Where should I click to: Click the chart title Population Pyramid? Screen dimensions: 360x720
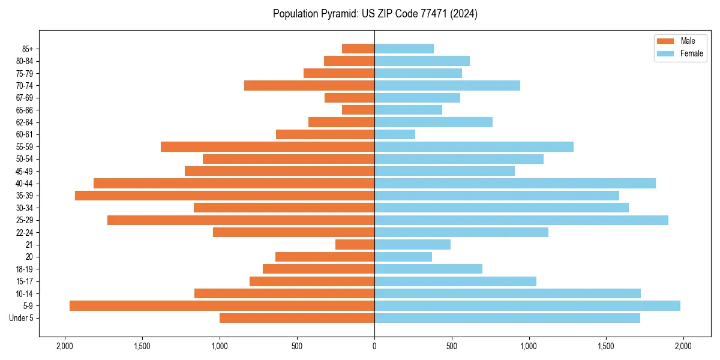click(x=375, y=14)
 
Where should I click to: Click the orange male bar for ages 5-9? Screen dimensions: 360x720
click(x=222, y=306)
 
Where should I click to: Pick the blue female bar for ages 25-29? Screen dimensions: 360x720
click(x=521, y=220)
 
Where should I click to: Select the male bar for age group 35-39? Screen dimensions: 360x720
click(x=224, y=196)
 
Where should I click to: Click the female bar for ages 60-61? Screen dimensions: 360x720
click(x=395, y=134)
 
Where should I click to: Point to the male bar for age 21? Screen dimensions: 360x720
click(x=355, y=245)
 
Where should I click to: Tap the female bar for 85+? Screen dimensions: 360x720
click(x=404, y=49)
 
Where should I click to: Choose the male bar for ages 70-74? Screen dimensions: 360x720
click(x=309, y=85)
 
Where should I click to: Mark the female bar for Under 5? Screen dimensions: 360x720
click(x=507, y=318)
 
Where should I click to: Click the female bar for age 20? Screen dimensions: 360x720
click(x=403, y=257)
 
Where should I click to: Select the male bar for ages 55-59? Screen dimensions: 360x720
click(x=268, y=147)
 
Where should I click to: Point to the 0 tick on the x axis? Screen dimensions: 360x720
click(x=374, y=346)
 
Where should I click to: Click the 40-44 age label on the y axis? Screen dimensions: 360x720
click(x=25, y=184)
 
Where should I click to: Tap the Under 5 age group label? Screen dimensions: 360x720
click(x=22, y=318)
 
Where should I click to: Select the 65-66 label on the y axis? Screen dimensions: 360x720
click(x=25, y=110)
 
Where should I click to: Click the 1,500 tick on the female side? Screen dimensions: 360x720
click(x=606, y=346)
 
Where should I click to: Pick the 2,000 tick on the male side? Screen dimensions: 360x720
click(x=65, y=346)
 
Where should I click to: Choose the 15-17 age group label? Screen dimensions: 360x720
click(x=25, y=281)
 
